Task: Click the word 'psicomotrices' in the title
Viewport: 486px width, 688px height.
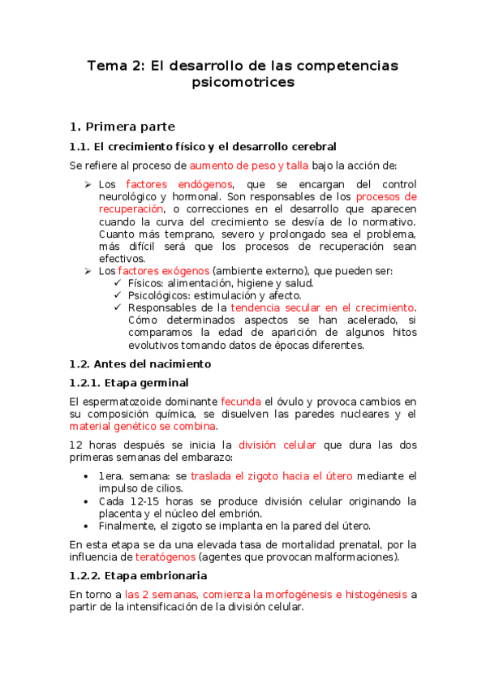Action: [243, 82]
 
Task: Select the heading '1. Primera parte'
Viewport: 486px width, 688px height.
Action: [122, 127]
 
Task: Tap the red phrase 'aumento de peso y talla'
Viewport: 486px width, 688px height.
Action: [242, 166]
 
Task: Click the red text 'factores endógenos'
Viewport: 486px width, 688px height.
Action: [179, 184]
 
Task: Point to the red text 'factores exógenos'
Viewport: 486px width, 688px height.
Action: [163, 270]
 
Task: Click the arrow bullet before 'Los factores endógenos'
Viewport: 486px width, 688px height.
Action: [88, 184]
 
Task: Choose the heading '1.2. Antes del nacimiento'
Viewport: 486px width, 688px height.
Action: [140, 363]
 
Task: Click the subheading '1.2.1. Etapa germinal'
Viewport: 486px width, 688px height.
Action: [129, 382]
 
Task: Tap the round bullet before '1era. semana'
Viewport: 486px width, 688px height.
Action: [88, 476]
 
